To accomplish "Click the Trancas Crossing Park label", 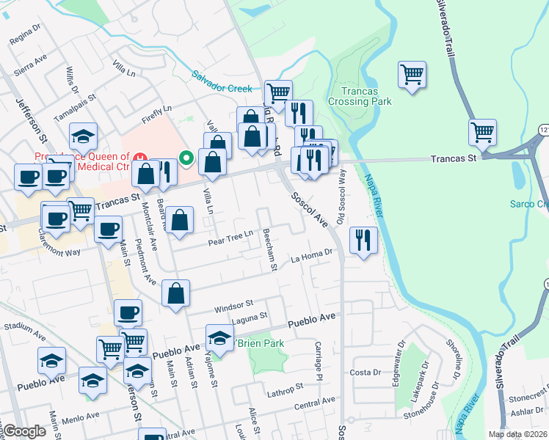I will point(370,96).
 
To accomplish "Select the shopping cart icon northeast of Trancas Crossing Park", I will point(412,74).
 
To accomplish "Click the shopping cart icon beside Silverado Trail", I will point(483,133).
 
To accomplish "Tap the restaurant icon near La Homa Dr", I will point(363,239).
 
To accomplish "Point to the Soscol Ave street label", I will point(308,209).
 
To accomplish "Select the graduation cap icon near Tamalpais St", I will point(84,136).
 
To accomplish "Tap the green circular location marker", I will point(186,157).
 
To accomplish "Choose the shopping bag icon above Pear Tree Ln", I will point(178,220).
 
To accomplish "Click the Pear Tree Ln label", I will point(230,238).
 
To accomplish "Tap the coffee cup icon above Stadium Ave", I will point(128,312).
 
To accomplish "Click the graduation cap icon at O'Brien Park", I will point(219,337).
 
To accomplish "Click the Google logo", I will point(25,431).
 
